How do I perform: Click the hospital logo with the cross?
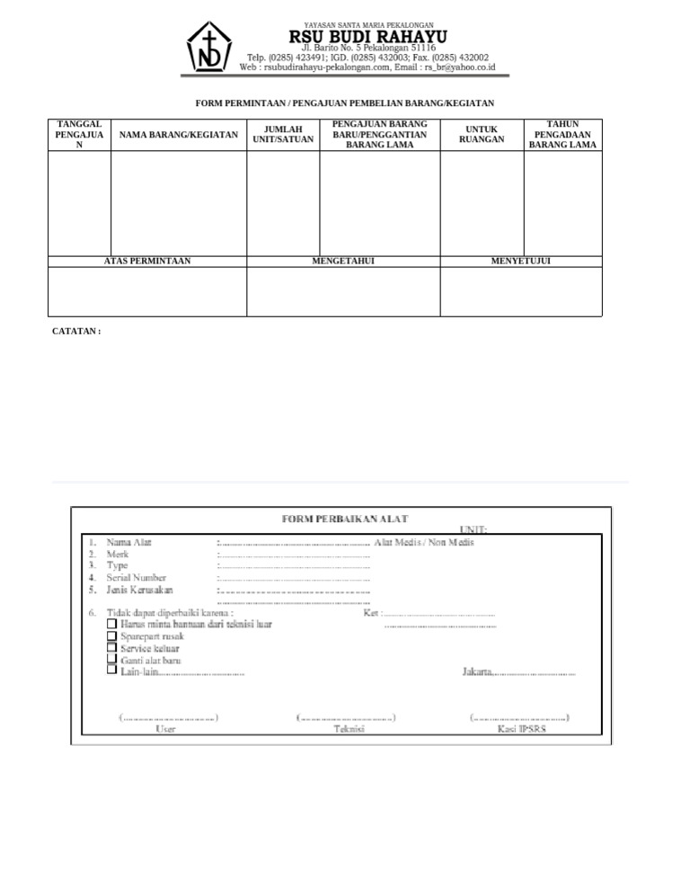[x=208, y=47]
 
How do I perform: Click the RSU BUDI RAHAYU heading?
[x=367, y=36]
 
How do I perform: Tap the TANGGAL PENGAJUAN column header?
[x=79, y=135]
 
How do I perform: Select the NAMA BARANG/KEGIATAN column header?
[x=179, y=135]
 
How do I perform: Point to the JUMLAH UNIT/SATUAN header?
[x=283, y=135]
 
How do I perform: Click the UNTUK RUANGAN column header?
[x=482, y=135]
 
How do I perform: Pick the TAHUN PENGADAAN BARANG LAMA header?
[x=562, y=135]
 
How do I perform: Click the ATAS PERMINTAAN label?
[x=147, y=262]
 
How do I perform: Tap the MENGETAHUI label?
[x=343, y=262]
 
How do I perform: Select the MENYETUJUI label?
[x=520, y=262]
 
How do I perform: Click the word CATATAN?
[x=76, y=332]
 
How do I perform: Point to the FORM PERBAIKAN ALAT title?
[x=345, y=519]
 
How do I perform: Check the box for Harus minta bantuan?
[x=111, y=624]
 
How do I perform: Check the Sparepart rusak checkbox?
[x=111, y=635]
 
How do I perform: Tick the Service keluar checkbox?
[x=111, y=647]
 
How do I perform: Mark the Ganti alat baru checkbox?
[x=111, y=659]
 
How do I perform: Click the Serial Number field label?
[x=137, y=578]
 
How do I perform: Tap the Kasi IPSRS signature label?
[x=521, y=729]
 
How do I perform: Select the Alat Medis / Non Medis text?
[x=423, y=542]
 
